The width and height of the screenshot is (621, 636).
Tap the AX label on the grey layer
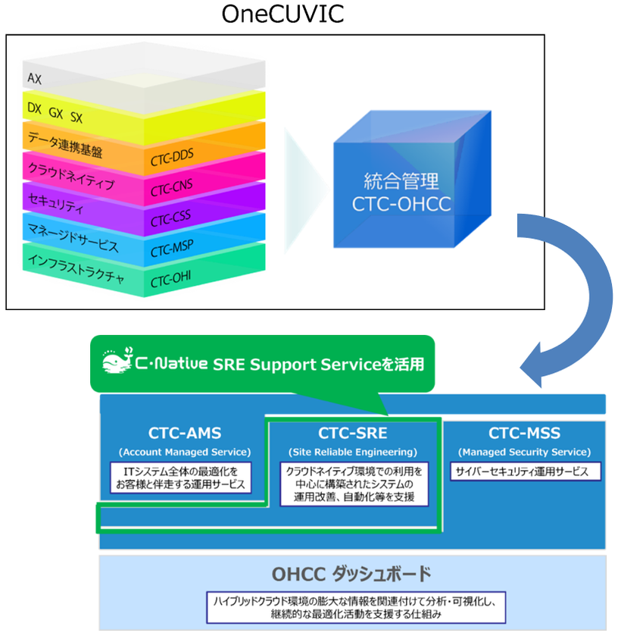click(x=34, y=78)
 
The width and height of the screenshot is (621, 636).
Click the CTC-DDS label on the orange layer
click(x=172, y=155)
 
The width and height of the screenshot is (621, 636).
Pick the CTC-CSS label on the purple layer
click(x=170, y=221)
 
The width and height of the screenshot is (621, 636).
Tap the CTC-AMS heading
click(x=184, y=434)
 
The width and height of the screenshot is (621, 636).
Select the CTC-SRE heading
click(x=352, y=434)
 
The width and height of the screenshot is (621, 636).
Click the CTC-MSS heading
click(x=524, y=434)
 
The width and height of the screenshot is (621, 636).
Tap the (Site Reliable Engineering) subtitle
click(x=352, y=452)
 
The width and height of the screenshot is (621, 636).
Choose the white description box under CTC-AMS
click(x=184, y=478)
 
